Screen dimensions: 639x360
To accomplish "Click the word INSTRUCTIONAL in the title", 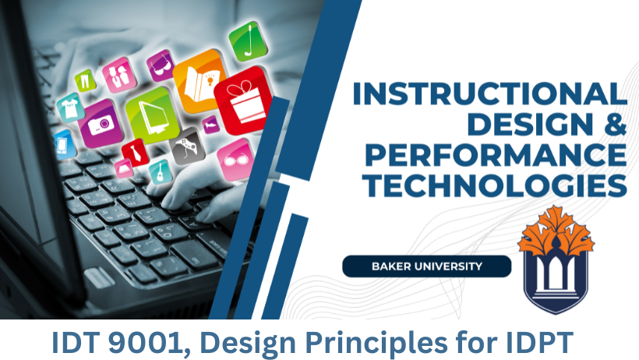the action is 490,94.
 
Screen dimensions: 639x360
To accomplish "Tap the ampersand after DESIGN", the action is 616,124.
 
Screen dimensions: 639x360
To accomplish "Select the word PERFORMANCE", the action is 496,155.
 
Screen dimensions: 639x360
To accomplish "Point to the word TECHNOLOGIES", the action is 495,185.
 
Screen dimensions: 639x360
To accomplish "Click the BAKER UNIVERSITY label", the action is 427,266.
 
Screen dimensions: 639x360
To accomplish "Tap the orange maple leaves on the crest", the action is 556,230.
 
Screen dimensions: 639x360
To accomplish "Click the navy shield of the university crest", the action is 556,281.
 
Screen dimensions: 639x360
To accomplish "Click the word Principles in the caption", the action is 377,344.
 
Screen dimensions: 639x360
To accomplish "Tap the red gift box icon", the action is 244,101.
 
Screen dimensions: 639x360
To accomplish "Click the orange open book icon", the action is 200,81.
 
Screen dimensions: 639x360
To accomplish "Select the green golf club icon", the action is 247,41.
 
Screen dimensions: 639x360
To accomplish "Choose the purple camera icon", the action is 101,123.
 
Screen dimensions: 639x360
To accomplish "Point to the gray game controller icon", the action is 187,146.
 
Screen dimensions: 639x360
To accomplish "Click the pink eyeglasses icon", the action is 235,159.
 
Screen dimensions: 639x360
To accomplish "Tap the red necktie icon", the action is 136,153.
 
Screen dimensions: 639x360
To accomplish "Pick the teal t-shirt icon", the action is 70,108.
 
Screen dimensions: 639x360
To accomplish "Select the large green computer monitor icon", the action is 153,115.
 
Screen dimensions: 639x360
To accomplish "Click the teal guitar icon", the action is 161,172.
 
